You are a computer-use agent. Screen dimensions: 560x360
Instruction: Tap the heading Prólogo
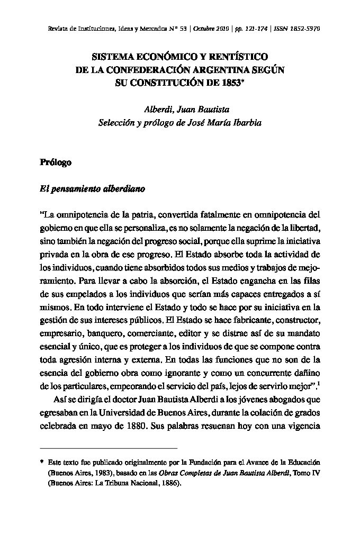(x=56, y=162)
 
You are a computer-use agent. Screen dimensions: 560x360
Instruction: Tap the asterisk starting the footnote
(x=41, y=462)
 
